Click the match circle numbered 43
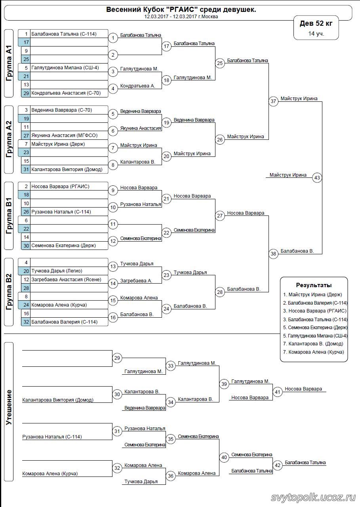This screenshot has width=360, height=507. [x=317, y=177]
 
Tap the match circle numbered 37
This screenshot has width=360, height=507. [x=273, y=101]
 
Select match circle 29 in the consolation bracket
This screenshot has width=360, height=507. [x=117, y=358]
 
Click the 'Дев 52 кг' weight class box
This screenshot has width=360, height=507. [x=316, y=23]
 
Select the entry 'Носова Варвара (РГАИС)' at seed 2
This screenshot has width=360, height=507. [x=60, y=186]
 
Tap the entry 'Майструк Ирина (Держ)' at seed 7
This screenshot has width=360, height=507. [x=58, y=144]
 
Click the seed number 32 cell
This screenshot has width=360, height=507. [x=26, y=322]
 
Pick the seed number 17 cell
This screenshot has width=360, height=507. [x=26, y=42]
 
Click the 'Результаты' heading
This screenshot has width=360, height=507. [x=314, y=285]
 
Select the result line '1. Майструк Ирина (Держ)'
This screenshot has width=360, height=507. [x=312, y=294]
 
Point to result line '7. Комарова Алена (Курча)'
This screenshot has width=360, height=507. [x=314, y=352]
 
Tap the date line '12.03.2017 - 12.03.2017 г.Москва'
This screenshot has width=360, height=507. [x=181, y=17]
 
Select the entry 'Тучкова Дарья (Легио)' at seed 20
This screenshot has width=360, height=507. [x=57, y=271]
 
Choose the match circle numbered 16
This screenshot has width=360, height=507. [x=113, y=317]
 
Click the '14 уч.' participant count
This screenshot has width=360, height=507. [x=316, y=34]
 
